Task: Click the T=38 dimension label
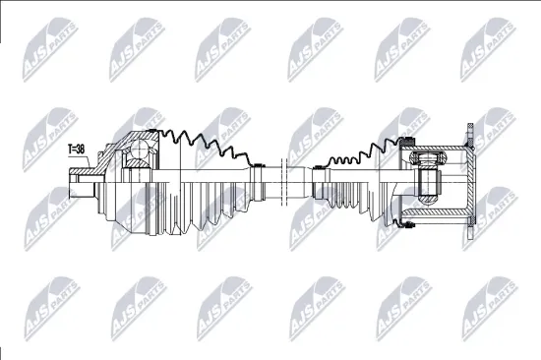tap(76, 150)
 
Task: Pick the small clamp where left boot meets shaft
tap(257, 179)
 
